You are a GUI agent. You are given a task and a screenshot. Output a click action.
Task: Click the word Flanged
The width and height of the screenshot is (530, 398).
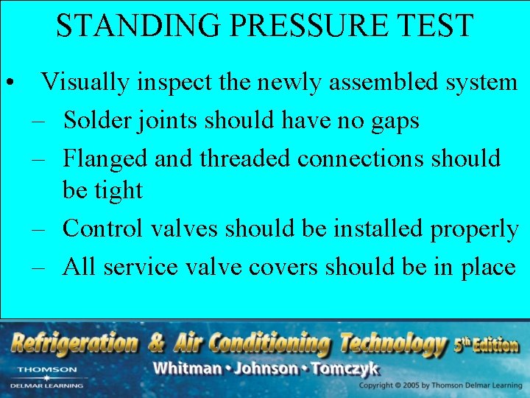(101, 158)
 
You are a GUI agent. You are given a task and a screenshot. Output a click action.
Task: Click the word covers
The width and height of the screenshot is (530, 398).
(283, 266)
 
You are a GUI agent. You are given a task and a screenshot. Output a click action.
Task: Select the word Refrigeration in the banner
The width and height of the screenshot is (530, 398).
(74, 343)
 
